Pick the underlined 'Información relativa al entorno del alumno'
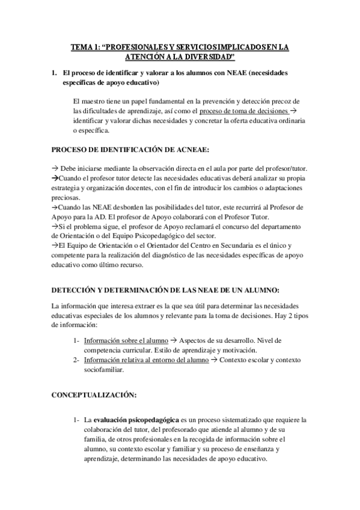142,360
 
